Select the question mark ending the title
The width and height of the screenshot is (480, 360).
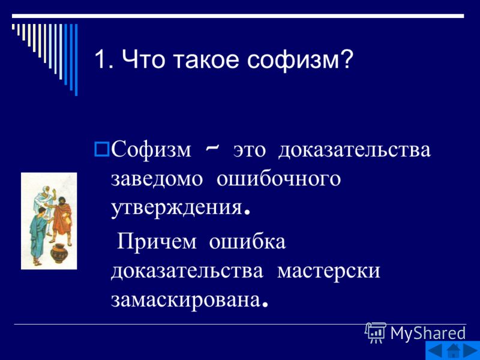tap(346, 58)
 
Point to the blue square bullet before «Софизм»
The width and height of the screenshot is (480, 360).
tap(102, 149)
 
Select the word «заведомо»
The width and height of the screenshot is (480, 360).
tap(157, 179)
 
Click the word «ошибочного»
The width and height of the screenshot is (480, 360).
tap(278, 179)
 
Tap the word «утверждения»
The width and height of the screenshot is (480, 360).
tap(177, 209)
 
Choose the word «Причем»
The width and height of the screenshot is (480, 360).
tap(157, 242)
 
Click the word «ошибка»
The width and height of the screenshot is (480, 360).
tap(247, 241)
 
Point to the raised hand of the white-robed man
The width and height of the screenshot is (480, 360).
tap(55, 193)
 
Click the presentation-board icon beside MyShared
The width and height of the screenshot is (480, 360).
tap(376, 332)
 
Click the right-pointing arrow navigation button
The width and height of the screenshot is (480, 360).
tap(471, 350)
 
